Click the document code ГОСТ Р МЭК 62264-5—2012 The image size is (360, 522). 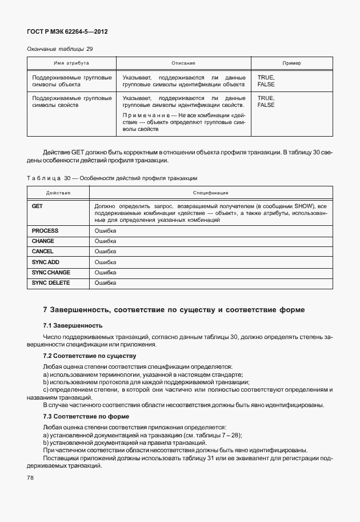pyautogui.click(x=67, y=32)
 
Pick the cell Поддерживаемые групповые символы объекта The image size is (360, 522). pyautogui.click(x=71, y=81)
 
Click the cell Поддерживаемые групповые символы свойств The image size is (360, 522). pyautogui.click(x=71, y=102)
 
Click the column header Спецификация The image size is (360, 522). pyautogui.click(x=210, y=193)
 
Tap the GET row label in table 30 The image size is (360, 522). pyautogui.click(x=38, y=205)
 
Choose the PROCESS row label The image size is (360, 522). pyautogui.click(x=45, y=230)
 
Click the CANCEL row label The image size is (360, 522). pyautogui.click(x=43, y=251)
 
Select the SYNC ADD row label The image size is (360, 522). pyautogui.click(x=46, y=262)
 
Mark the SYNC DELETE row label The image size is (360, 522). pyautogui.click(x=50, y=282)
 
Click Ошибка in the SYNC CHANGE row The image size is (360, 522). pyautogui.click(x=105, y=272)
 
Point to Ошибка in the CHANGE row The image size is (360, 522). pyautogui.click(x=105, y=241)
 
